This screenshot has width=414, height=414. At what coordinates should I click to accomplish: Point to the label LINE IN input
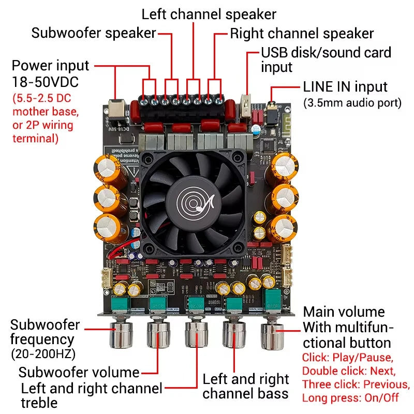(x=345, y=87)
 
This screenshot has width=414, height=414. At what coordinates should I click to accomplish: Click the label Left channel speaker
(x=209, y=14)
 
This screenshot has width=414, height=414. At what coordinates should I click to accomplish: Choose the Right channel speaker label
(x=302, y=34)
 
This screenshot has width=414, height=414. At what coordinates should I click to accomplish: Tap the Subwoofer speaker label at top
(x=94, y=34)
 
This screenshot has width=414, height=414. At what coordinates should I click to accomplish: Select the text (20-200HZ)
(x=43, y=354)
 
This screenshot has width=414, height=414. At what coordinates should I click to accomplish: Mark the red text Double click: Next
(x=349, y=371)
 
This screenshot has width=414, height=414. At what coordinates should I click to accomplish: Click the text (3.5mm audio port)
(x=352, y=102)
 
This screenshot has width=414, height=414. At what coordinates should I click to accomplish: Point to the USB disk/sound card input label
(x=326, y=60)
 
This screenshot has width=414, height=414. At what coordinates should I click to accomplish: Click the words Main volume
(x=344, y=312)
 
